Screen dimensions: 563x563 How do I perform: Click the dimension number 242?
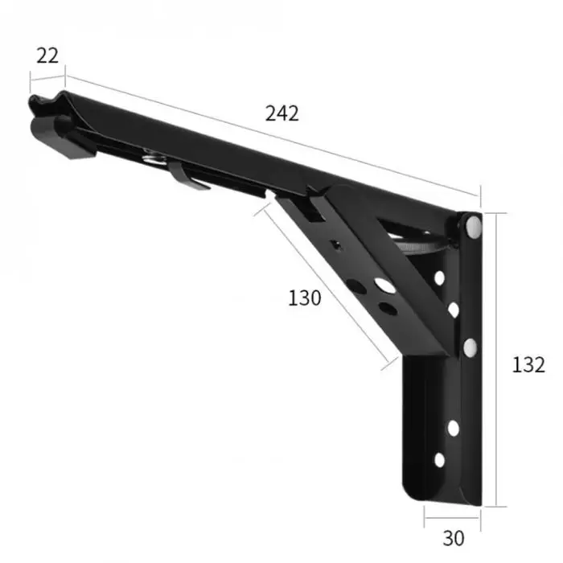281,113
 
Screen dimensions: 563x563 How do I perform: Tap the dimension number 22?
47,56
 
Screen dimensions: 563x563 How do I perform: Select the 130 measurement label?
305,298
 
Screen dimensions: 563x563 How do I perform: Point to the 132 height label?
528,365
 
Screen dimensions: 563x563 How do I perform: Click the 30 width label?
454,538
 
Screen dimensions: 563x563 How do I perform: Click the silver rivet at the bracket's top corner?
474,226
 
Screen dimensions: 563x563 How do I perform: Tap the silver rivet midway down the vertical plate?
471,347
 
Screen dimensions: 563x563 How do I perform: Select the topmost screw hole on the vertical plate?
439,278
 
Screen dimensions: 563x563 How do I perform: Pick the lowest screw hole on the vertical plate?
439,460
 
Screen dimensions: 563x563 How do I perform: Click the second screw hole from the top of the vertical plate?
454,310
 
